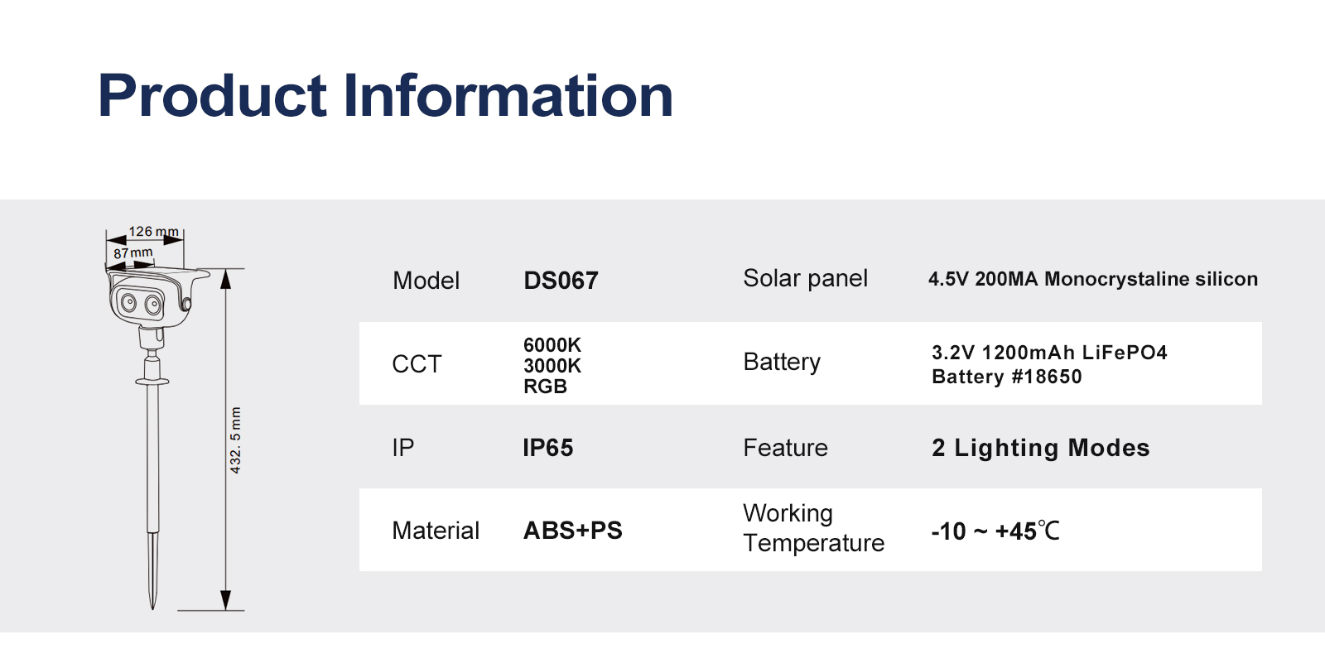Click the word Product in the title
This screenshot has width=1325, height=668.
(x=212, y=94)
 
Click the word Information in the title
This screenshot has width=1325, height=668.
(x=508, y=94)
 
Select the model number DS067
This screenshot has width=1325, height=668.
(x=561, y=281)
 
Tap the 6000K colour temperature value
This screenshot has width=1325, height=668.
(x=552, y=344)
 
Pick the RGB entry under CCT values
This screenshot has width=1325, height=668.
(x=546, y=387)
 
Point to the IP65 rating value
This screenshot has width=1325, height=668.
(x=547, y=448)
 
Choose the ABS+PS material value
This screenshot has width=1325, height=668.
(x=572, y=531)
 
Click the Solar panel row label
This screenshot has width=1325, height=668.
(x=805, y=278)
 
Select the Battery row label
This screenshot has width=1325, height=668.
(x=782, y=363)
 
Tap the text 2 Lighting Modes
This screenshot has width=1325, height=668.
(x=1040, y=448)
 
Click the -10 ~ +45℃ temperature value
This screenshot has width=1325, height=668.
(x=995, y=531)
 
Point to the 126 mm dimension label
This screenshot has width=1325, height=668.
(x=154, y=231)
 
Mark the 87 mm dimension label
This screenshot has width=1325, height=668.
(x=133, y=253)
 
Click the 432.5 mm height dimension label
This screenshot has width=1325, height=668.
(x=235, y=440)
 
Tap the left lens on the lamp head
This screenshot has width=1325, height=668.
(x=129, y=303)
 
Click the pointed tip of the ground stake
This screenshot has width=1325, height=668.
(x=152, y=609)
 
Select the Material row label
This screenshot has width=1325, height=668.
(x=436, y=531)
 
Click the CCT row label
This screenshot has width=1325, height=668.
(x=417, y=364)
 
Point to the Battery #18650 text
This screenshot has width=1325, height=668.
(x=1007, y=377)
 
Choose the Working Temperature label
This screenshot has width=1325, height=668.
(x=813, y=528)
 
